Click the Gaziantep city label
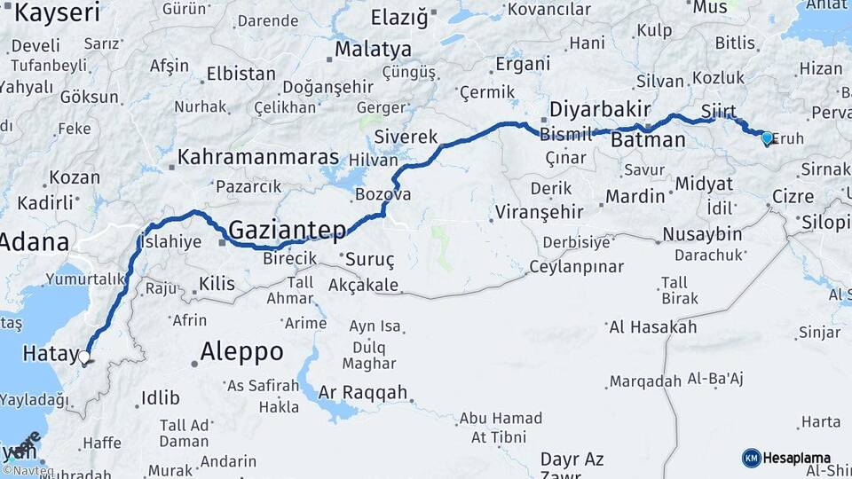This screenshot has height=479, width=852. click(288, 231)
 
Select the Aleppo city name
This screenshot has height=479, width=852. click(241, 352)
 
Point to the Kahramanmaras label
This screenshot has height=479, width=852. click(258, 158)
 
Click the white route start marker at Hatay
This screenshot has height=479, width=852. click(84, 357)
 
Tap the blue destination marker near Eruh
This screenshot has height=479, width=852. click(767, 137)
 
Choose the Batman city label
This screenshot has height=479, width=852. click(649, 140)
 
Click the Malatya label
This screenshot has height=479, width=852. click(373, 50)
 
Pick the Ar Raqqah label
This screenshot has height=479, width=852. click(363, 392)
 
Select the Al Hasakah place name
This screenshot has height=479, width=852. click(653, 327)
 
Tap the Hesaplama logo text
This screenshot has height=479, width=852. click(798, 458)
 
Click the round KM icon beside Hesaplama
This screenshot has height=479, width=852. click(751, 458)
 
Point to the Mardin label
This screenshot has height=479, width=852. click(635, 196)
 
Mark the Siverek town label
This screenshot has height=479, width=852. click(406, 137)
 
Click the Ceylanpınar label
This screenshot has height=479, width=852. click(576, 267)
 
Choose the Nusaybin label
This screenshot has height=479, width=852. click(701, 235)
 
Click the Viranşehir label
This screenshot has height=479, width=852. click(540, 212)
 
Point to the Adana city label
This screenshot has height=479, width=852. click(35, 241)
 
